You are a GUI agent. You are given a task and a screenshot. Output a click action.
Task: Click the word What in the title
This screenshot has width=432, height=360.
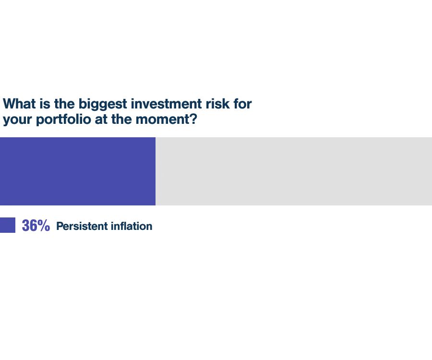pyautogui.click(x=19, y=104)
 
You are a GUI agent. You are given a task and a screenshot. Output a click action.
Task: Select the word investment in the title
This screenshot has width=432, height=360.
pyautogui.click(x=167, y=104)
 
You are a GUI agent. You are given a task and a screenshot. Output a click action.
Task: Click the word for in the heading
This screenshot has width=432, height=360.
pyautogui.click(x=242, y=104)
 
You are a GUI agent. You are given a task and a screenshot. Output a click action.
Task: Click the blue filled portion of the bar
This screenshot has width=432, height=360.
pyautogui.click(x=78, y=171)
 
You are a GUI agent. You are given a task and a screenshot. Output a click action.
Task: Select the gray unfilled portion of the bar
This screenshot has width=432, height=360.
pyautogui.click(x=294, y=171)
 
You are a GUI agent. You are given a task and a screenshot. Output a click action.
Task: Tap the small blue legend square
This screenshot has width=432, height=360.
pyautogui.click(x=7, y=225)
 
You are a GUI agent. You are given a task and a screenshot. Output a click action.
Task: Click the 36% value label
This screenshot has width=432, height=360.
pyautogui.click(x=36, y=226)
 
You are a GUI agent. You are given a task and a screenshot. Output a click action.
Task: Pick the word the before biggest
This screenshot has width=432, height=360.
pyautogui.click(x=64, y=104)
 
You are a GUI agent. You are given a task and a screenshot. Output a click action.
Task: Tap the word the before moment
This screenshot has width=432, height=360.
pyautogui.click(x=121, y=119)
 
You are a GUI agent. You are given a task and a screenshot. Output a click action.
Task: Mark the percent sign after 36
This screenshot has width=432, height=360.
pyautogui.click(x=44, y=226)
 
